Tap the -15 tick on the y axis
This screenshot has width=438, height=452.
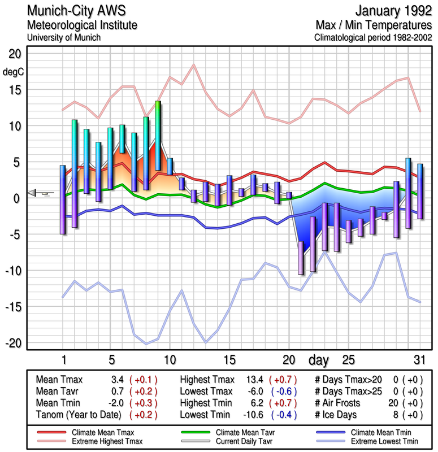(14, 307)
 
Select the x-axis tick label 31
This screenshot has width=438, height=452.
(418, 359)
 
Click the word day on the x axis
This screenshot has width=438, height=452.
(319, 359)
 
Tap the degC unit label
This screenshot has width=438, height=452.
(14, 72)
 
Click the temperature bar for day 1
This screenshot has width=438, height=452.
(63, 199)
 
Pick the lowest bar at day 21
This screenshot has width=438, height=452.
(301, 258)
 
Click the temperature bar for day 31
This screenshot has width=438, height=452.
(420, 191)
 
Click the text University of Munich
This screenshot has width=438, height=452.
(63, 37)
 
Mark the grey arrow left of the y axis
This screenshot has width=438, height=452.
(34, 193)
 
